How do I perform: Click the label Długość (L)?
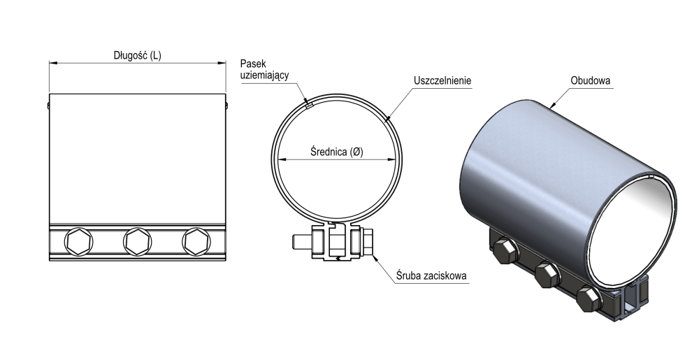pos(137,55)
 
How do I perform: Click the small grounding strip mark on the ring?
pos(308,106)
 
